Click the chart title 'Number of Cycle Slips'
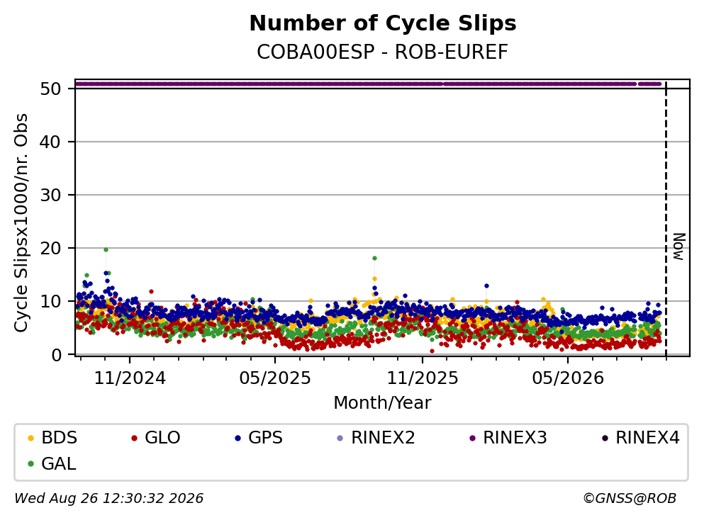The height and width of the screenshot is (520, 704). (x=383, y=23)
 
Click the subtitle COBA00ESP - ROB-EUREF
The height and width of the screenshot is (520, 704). (x=383, y=52)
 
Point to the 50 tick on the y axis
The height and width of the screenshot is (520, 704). (x=51, y=89)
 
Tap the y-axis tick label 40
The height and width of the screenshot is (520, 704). (x=51, y=142)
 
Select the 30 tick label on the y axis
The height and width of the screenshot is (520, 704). (x=51, y=195)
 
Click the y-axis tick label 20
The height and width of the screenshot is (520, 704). (x=51, y=248)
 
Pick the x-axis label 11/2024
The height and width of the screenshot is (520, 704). (x=130, y=378)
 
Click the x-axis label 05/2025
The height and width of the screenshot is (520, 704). (x=275, y=378)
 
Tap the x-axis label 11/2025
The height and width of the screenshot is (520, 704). (x=423, y=378)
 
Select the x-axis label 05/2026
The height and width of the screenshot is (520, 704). (x=568, y=378)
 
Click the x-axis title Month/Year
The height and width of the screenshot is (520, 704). (x=383, y=403)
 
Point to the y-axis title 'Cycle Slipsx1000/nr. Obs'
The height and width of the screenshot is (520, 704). (x=21, y=223)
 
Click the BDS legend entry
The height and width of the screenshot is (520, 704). (x=52, y=437)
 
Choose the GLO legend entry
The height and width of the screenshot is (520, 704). (x=156, y=437)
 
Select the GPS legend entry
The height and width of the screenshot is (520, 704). (x=259, y=437)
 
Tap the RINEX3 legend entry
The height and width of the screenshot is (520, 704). (x=508, y=437)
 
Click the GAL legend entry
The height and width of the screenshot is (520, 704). (x=52, y=464)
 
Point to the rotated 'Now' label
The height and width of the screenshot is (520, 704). (x=679, y=247)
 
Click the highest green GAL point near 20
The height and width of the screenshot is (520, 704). (x=106, y=250)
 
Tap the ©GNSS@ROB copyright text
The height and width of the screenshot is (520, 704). (x=630, y=498)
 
